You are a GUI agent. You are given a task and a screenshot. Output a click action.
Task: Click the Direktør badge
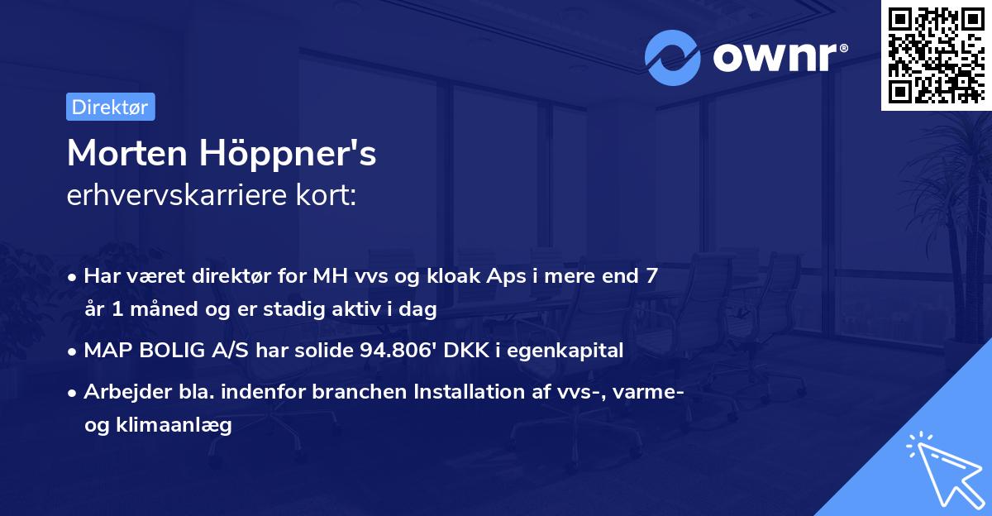click(x=110, y=107)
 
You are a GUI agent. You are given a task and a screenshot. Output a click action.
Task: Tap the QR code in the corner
click(x=935, y=55)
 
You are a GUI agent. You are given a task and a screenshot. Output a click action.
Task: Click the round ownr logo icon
click(x=672, y=57)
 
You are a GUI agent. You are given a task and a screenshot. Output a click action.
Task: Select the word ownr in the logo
click(x=776, y=57)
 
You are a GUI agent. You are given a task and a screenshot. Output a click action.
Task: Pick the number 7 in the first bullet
click(x=652, y=275)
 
